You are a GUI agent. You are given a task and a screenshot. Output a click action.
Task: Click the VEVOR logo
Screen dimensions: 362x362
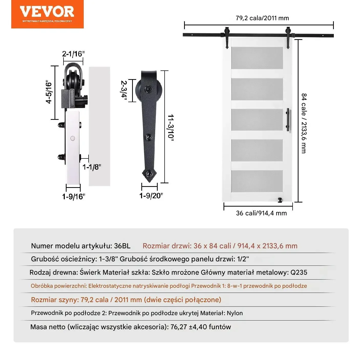tap(47, 14)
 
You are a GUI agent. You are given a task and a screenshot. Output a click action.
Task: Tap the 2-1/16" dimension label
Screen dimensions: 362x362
tap(73, 54)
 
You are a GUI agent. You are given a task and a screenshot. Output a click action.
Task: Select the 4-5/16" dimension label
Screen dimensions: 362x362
tap(49, 92)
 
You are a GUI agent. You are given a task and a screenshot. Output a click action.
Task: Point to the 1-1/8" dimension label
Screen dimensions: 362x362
tap(92, 167)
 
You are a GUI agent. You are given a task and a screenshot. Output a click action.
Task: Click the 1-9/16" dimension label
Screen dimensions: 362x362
tap(73, 197)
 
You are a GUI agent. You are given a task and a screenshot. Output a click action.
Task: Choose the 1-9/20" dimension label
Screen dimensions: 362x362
tap(151, 196)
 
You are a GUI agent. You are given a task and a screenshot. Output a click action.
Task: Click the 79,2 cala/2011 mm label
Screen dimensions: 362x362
tap(262, 18)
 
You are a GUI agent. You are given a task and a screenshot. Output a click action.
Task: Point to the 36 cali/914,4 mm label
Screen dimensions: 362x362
tap(261, 213)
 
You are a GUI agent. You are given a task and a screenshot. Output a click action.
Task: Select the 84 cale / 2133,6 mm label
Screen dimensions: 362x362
tap(304, 123)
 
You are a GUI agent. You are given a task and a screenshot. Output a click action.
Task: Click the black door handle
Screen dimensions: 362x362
tap(288, 120)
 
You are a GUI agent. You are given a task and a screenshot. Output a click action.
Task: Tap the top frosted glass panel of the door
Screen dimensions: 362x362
tap(257, 58)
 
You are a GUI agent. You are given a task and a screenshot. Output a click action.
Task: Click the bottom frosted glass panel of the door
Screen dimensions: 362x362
tap(257, 181)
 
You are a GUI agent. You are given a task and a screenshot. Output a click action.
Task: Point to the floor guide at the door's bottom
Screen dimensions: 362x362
tap(280, 200)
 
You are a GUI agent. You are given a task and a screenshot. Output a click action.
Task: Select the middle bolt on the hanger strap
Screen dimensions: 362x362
tap(148, 137)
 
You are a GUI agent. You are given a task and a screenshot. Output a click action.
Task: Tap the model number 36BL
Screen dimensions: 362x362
tap(122, 246)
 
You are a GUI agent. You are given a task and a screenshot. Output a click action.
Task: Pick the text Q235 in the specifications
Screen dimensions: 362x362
tap(299, 272)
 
